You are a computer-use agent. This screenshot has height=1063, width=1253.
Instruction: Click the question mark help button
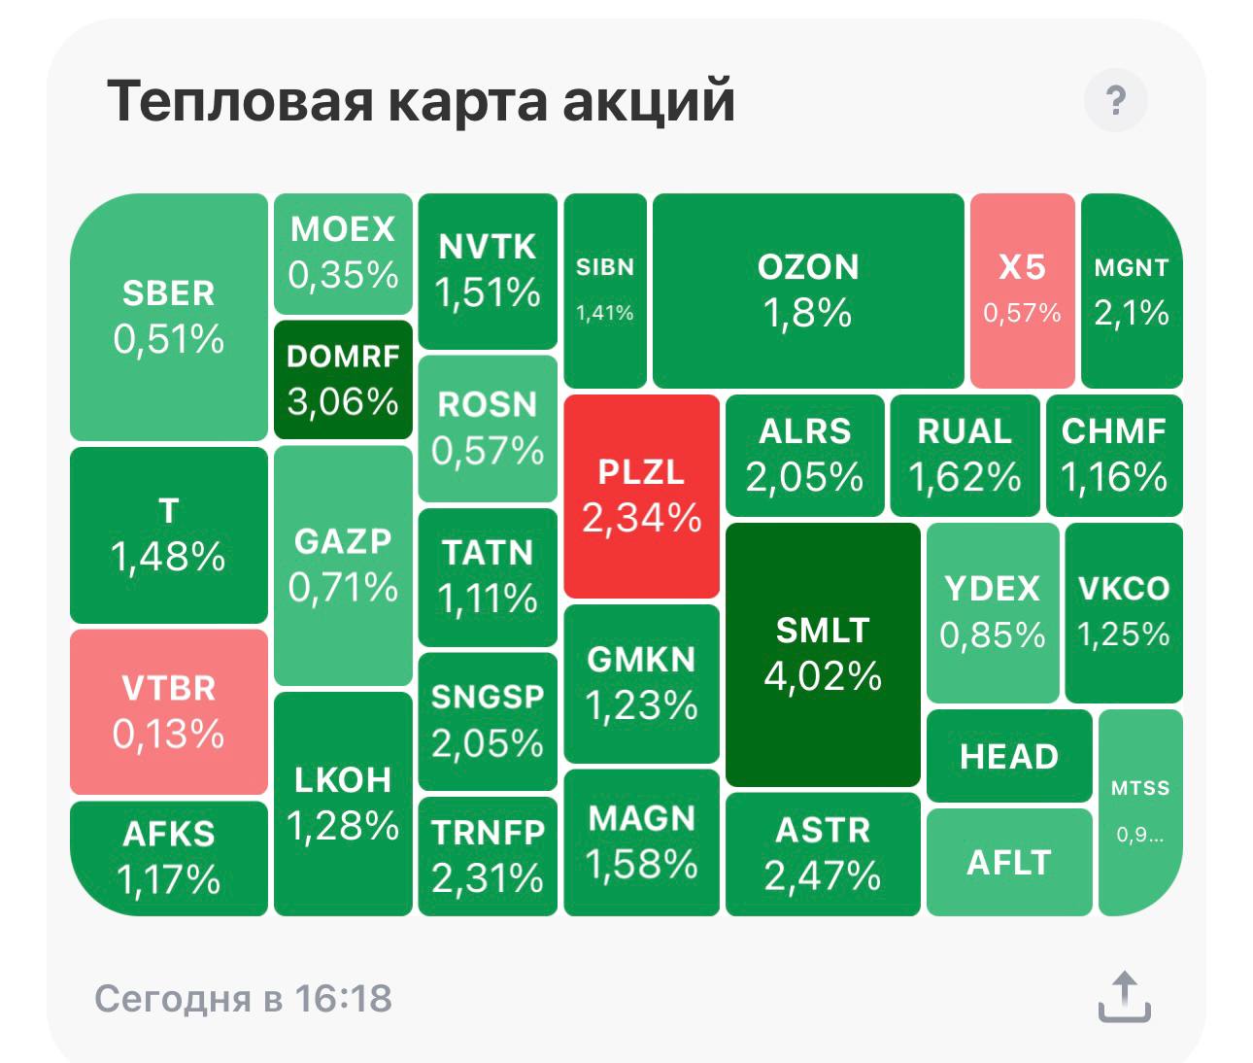coord(1115,100)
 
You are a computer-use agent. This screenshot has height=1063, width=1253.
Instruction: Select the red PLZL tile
coord(641,496)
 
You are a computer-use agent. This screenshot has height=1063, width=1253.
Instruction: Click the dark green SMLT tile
coord(823,654)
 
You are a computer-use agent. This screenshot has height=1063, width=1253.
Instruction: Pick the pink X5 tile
coord(1022,291)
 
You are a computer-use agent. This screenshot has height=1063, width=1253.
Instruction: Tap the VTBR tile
coord(168,712)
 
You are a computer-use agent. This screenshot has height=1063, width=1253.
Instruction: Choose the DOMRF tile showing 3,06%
coord(343,380)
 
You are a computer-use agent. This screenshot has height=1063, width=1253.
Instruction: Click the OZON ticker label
coord(808,267)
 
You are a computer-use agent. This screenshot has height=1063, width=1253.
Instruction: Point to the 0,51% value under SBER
coord(168,339)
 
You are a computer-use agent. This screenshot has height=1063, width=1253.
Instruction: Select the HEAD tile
coord(1009,756)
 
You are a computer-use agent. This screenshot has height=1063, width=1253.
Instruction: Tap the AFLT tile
coord(1009,862)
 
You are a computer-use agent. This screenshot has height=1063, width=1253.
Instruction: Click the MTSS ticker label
coord(1140,788)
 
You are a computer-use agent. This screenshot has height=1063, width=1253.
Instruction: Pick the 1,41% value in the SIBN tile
coord(604,313)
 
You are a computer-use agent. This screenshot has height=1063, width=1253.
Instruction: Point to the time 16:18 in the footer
coord(344,999)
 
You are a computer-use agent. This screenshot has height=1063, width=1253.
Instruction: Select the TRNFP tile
coord(488,856)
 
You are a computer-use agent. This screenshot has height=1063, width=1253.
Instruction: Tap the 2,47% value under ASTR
coord(823,875)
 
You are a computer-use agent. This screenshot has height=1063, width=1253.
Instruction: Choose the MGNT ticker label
coord(1132,267)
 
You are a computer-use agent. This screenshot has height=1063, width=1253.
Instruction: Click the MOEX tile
coord(343,254)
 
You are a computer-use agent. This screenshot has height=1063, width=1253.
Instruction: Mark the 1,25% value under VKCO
coord(1123,634)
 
